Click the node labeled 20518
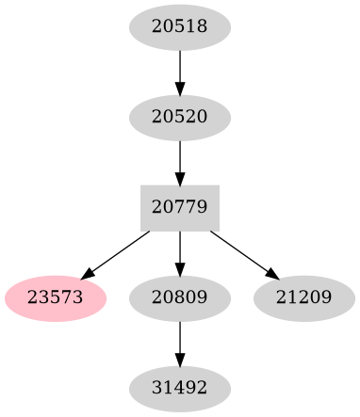[x=179, y=27]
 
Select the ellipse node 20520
[x=179, y=118]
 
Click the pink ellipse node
[x=56, y=297]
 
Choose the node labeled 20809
[x=179, y=297]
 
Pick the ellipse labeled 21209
[x=303, y=297]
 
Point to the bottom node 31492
[x=179, y=387]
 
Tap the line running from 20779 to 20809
[x=179, y=247]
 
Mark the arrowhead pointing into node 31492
[x=179, y=357]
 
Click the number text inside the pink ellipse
[x=56, y=297]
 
